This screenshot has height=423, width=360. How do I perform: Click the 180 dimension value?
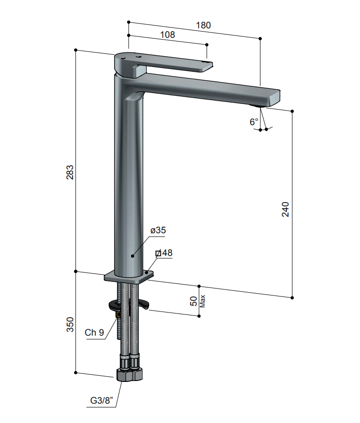pyautogui.click(x=203, y=25)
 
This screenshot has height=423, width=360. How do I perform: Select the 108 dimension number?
pyautogui.click(x=167, y=34)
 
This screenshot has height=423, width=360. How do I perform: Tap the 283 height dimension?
pyautogui.click(x=69, y=172)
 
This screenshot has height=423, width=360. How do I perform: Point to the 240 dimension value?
pyautogui.click(x=285, y=209)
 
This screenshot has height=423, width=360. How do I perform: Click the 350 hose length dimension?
pyautogui.click(x=69, y=324)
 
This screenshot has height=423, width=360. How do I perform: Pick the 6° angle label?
pyautogui.click(x=254, y=122)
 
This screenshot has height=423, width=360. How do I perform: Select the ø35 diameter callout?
pyautogui.click(x=158, y=230)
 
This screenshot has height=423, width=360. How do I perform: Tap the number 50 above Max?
pyautogui.click(x=193, y=301)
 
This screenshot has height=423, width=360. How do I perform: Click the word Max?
pyautogui.click(x=202, y=301)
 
